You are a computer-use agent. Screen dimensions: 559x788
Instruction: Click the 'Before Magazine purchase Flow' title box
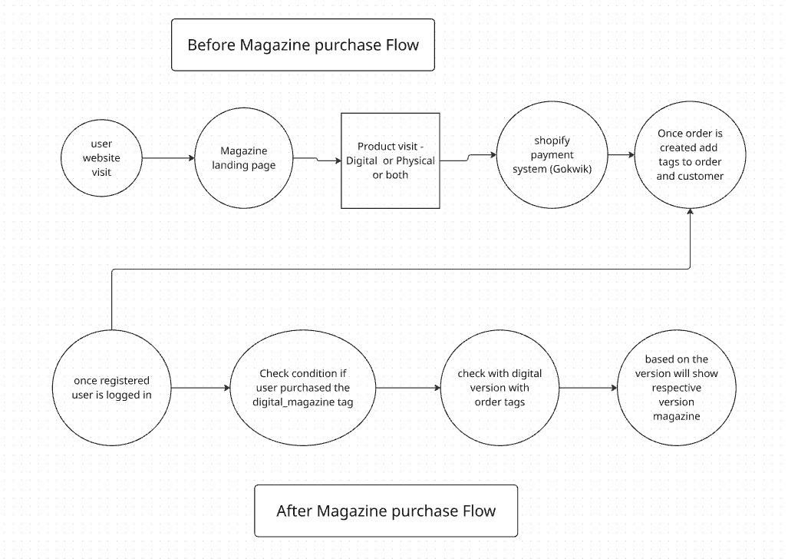click(x=303, y=45)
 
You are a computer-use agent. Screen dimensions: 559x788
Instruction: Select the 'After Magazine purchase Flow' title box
click(x=386, y=511)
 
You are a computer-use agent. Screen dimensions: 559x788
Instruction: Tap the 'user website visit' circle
click(x=101, y=158)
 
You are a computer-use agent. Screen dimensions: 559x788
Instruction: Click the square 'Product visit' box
click(x=391, y=160)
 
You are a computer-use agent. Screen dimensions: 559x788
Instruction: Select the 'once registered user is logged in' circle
click(x=112, y=388)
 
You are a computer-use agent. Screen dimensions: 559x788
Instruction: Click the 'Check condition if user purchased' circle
click(x=303, y=388)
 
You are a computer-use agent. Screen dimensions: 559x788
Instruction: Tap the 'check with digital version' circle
click(x=500, y=388)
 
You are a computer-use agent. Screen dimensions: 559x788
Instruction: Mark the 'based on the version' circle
click(x=676, y=388)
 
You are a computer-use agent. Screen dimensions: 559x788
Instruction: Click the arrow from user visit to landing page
click(x=169, y=158)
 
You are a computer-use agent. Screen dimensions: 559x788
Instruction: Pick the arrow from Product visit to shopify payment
click(x=468, y=157)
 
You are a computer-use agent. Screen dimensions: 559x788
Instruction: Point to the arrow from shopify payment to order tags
click(x=620, y=154)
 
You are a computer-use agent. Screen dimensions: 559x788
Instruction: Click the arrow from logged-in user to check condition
click(x=200, y=388)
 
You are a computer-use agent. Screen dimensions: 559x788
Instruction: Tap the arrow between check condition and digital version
click(x=408, y=388)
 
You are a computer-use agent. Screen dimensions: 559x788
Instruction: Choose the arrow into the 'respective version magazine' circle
click(x=589, y=388)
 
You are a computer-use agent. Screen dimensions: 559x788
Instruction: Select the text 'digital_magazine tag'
click(x=303, y=402)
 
